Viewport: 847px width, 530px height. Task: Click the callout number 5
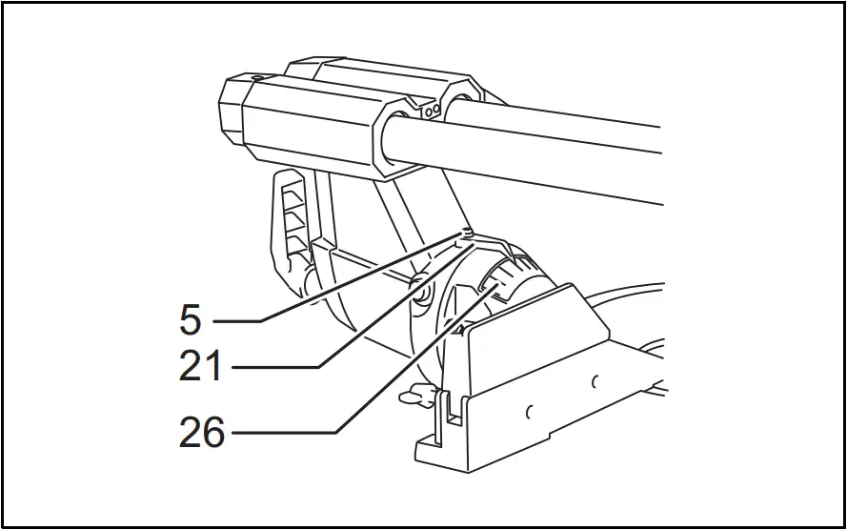point(191,320)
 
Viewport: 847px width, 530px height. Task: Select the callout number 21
point(201,367)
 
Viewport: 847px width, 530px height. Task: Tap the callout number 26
point(202,434)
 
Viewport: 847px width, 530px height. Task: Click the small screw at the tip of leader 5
point(466,232)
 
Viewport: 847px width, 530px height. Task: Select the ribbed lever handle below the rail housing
point(290,224)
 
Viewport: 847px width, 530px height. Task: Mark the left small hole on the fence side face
point(528,413)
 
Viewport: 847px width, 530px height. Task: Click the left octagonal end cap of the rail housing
point(233,110)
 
